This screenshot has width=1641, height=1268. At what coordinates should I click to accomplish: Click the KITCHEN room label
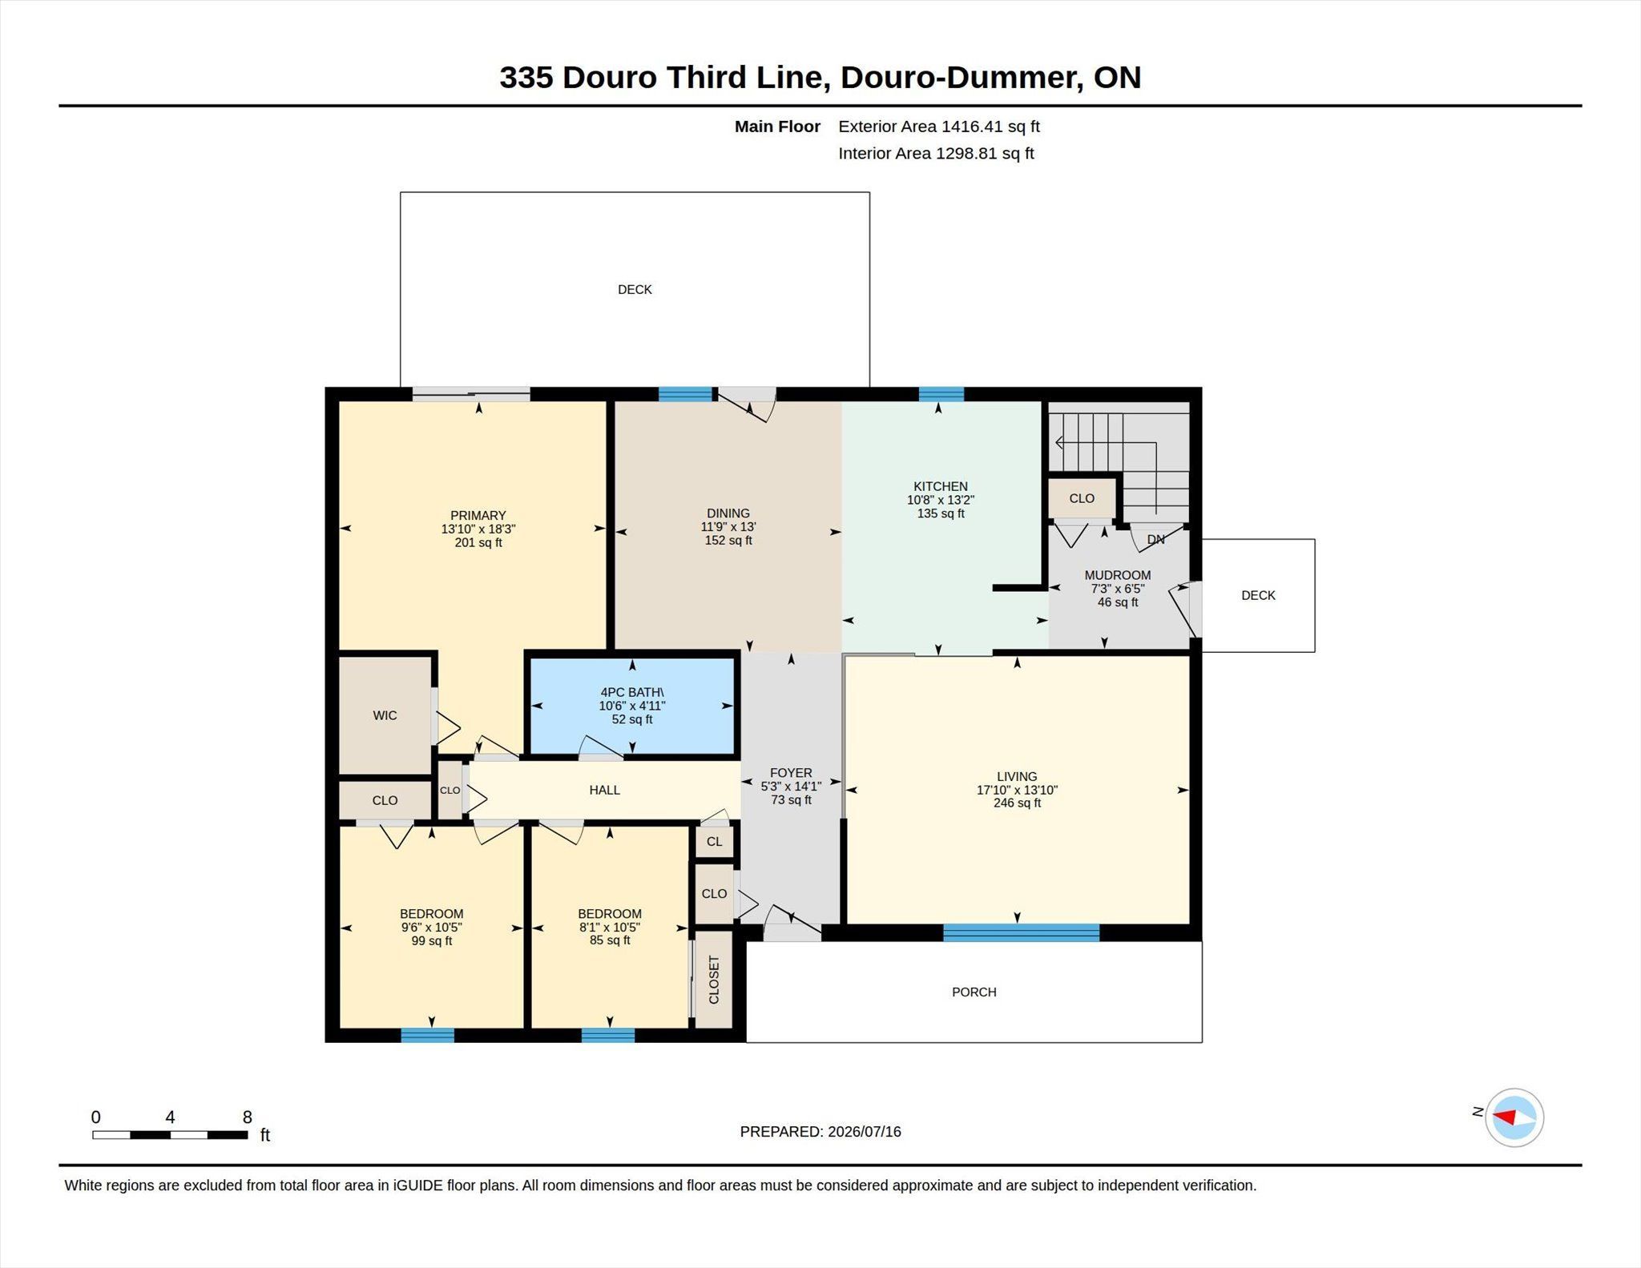tap(941, 486)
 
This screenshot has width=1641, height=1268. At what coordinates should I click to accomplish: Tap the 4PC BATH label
tap(632, 692)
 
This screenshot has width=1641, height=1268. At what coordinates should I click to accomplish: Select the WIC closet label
tap(385, 715)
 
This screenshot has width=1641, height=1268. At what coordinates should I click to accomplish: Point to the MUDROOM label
tap(1118, 575)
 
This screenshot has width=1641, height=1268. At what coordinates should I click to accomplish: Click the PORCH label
tap(974, 992)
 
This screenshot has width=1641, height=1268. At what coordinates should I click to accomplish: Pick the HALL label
tap(605, 790)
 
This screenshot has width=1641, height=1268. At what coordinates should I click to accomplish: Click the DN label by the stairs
tap(1155, 540)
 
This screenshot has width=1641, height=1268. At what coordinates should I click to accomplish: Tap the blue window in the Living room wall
tap(1021, 932)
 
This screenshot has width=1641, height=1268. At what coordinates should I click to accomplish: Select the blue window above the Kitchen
tap(941, 394)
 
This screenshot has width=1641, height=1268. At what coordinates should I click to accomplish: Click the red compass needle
tap(1504, 1117)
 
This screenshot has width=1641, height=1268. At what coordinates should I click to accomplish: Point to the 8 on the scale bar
tap(248, 1117)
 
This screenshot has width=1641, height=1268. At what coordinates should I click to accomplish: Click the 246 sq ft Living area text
tap(1017, 803)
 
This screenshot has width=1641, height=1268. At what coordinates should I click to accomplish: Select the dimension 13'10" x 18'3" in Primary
tap(478, 529)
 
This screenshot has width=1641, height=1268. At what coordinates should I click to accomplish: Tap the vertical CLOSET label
tap(714, 980)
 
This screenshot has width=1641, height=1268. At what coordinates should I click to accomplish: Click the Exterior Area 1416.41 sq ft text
tap(939, 127)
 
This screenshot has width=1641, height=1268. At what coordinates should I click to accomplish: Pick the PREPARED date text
tap(820, 1132)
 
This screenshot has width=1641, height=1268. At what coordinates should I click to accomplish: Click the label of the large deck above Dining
tap(635, 289)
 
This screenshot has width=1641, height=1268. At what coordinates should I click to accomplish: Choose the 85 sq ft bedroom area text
tap(610, 940)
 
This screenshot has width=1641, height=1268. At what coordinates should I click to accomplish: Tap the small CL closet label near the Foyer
tap(714, 842)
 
